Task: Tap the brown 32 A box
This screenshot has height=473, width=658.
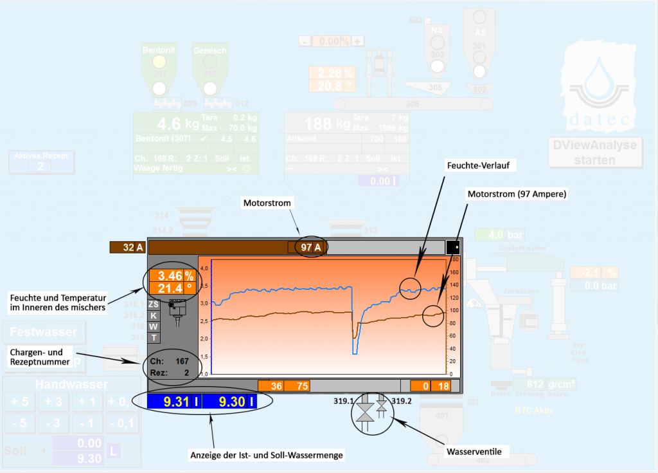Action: click(x=128, y=247)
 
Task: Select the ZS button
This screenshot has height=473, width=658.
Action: click(x=154, y=304)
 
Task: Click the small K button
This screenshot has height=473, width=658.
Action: click(x=154, y=315)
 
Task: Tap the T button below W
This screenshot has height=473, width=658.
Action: click(x=154, y=338)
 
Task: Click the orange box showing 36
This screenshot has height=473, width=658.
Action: click(x=271, y=386)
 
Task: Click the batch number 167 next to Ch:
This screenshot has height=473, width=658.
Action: click(x=182, y=361)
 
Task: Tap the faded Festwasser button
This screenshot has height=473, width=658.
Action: click(x=44, y=333)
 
